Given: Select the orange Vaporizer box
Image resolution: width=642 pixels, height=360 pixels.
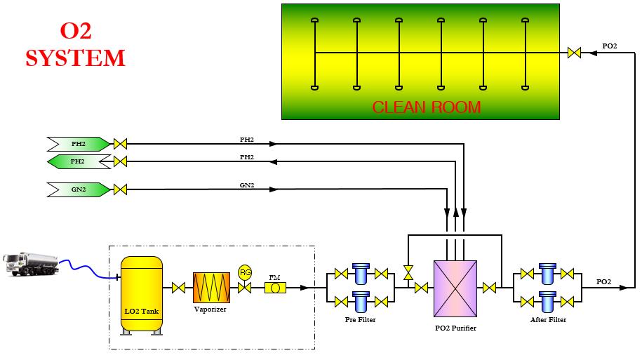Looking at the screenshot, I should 211,287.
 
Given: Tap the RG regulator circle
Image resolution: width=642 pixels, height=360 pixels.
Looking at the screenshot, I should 245,272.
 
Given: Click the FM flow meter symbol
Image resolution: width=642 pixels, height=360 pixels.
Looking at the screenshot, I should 275,287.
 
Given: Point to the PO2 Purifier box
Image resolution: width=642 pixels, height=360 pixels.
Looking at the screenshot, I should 455,287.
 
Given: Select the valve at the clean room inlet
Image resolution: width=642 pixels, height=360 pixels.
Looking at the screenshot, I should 574,53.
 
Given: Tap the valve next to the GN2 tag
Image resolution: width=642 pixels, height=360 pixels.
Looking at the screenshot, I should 120,189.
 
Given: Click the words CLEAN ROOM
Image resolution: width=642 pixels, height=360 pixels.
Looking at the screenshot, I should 426,107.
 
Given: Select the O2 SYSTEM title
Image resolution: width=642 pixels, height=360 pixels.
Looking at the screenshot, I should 75,45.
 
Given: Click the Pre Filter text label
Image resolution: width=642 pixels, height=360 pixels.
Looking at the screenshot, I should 360,320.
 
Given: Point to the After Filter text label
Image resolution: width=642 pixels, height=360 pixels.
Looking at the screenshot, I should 548,320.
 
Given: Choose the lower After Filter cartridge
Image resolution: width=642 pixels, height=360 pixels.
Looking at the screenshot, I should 548,301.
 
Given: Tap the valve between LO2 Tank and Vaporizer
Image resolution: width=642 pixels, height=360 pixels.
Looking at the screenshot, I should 178,287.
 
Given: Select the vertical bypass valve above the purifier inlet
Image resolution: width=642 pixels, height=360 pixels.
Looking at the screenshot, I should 408,272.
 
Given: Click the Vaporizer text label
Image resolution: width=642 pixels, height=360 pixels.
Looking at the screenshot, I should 210,309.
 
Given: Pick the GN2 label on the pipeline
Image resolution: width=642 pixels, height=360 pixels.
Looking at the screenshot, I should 247,185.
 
